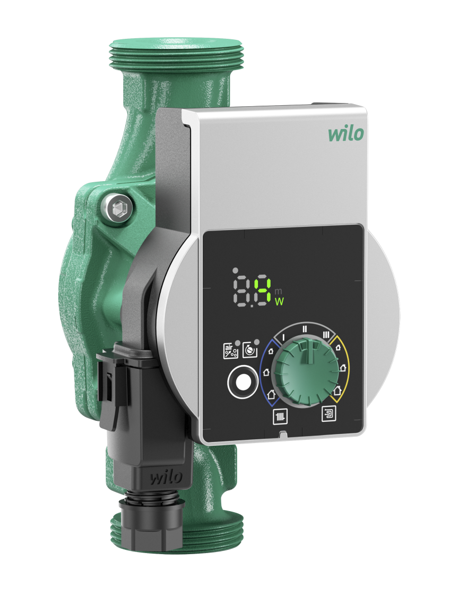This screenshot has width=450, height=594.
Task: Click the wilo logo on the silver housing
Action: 345,133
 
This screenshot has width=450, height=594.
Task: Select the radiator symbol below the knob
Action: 279,417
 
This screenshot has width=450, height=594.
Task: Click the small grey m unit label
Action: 279,290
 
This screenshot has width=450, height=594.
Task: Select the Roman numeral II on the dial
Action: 304,328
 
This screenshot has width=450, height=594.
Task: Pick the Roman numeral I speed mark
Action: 283,336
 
